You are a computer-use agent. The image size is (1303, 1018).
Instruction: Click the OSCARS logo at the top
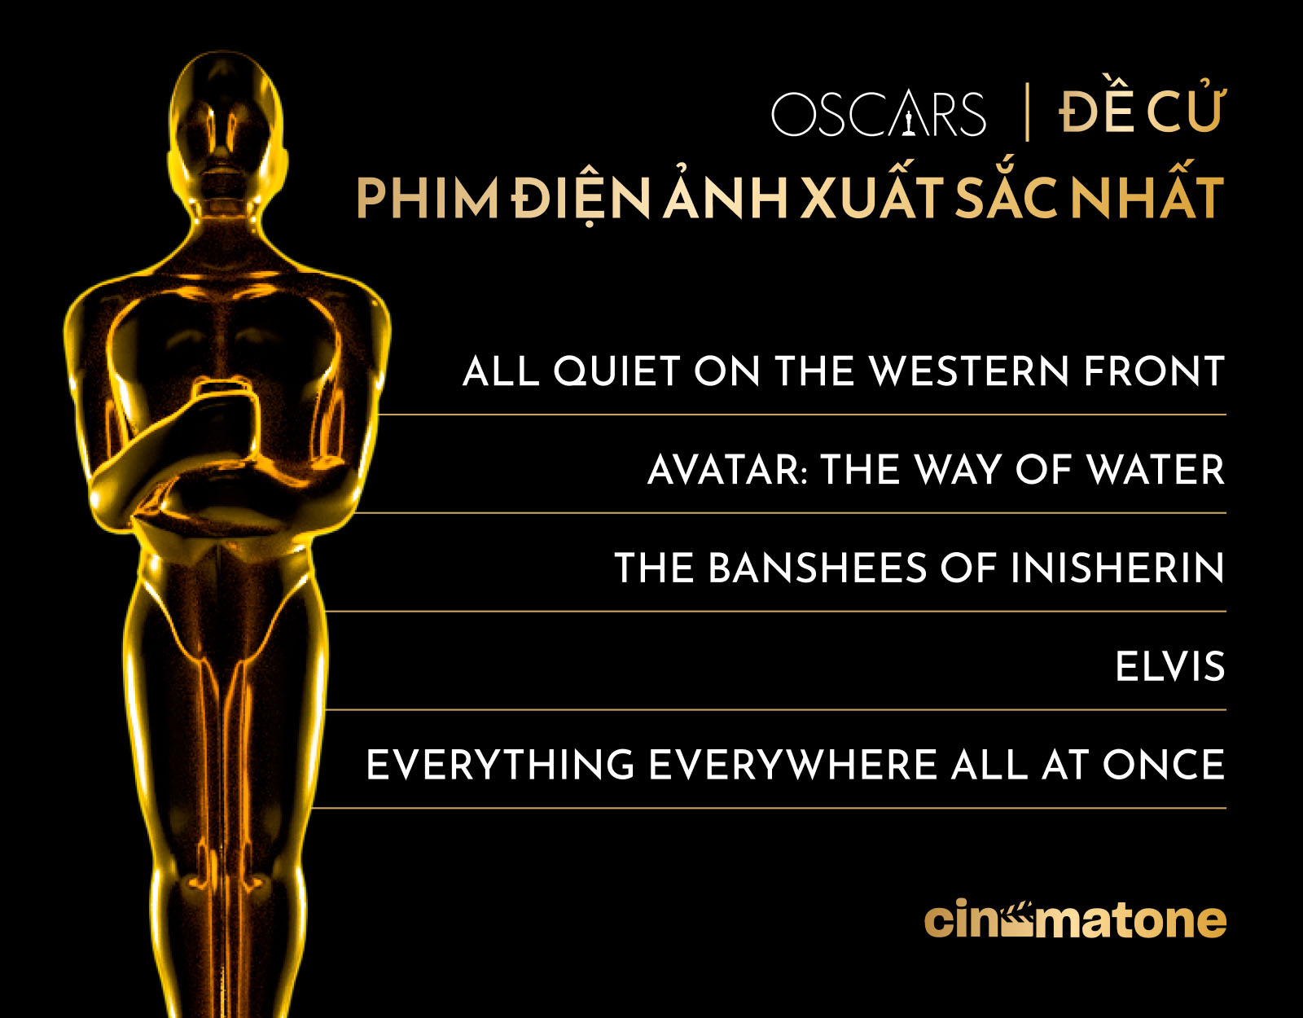point(879,114)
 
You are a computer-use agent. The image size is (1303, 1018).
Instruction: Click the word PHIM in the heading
point(428,199)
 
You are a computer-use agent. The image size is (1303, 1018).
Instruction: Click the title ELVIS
point(1170,666)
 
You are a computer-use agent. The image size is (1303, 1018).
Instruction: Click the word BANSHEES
point(818,568)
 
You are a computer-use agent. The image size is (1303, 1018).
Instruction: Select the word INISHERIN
point(1117,568)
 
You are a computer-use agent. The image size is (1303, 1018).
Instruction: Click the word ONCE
point(1164,765)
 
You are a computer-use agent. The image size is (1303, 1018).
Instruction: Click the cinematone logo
point(1075,919)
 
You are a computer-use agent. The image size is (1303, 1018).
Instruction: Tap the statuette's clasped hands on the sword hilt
point(224,414)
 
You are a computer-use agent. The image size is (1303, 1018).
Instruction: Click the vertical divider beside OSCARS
point(1027,112)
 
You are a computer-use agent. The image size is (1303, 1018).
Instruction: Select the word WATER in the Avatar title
point(1156,469)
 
